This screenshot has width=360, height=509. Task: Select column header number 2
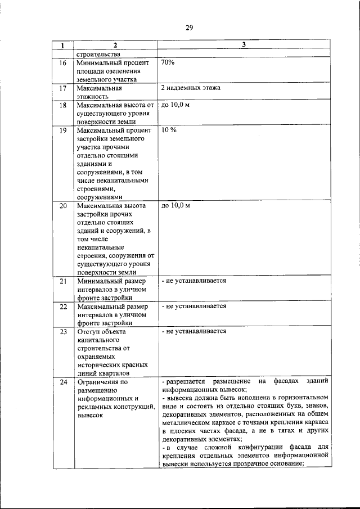pos(114,45)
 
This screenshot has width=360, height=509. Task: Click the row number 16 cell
pos(63,63)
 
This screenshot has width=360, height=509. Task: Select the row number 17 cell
pos(63,88)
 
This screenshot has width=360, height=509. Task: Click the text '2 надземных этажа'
pos(190,88)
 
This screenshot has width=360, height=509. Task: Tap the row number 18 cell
pos(63,105)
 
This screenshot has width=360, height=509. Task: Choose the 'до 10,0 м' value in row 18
pos(175,105)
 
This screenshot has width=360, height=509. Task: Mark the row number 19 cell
pos(63,130)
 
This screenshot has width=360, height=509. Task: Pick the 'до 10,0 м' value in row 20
pos(175,205)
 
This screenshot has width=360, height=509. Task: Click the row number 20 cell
pos(63,206)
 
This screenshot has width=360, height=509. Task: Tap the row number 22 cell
pos(63,307)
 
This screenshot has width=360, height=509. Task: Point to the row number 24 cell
pos(63,382)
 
